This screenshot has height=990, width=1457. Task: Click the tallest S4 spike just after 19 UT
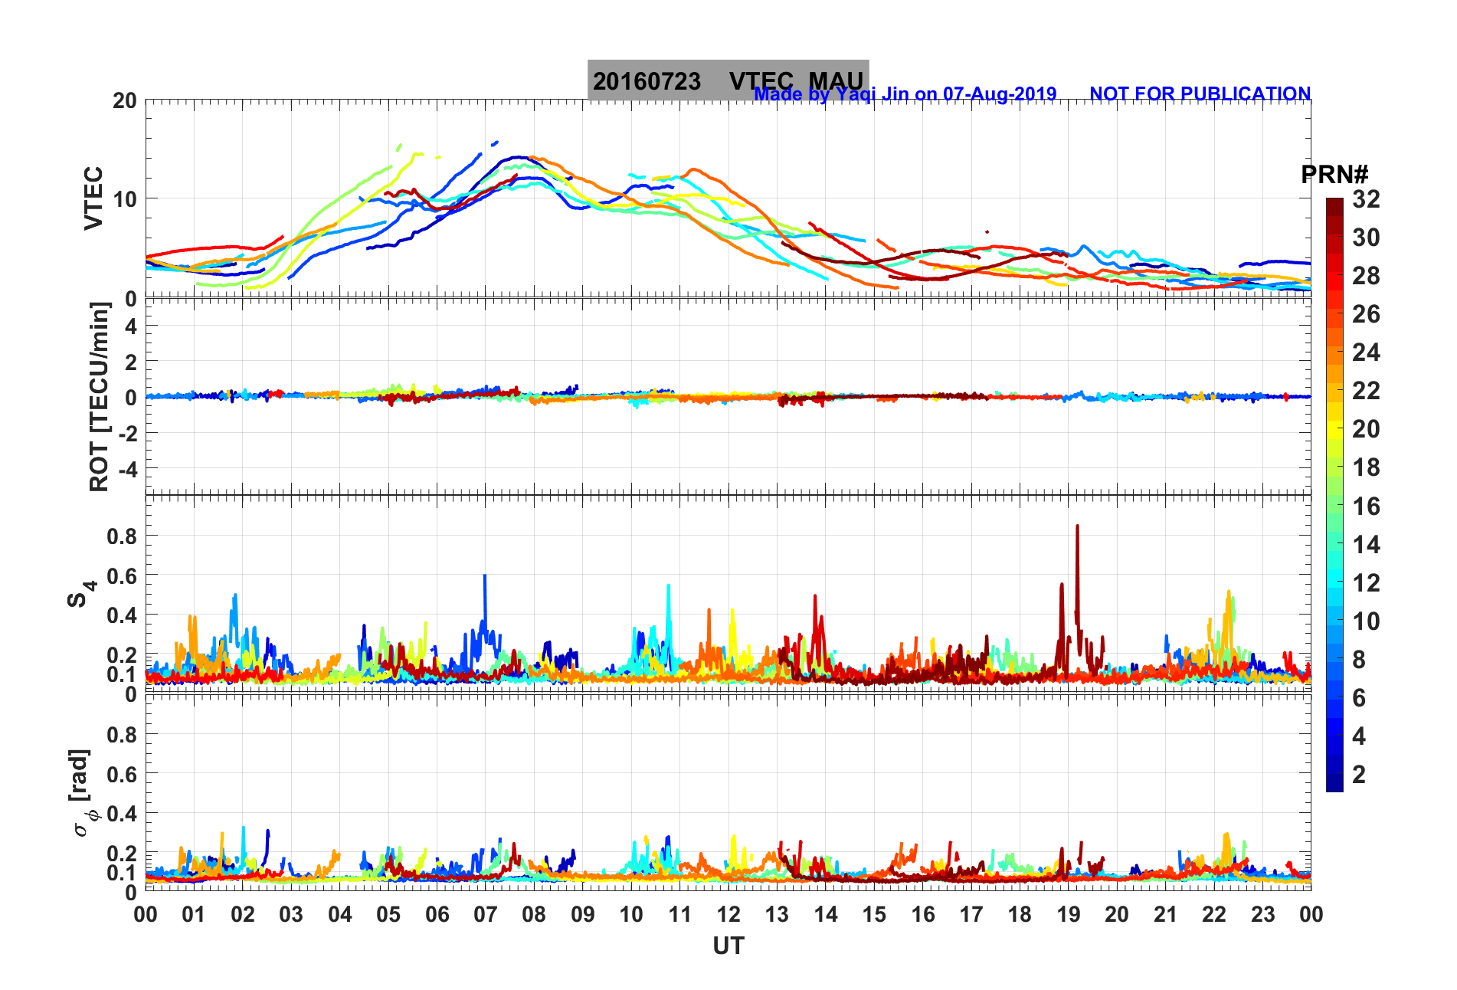[x=1077, y=527]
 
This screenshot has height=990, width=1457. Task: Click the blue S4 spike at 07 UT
[x=484, y=576]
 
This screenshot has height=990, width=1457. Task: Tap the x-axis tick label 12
[x=728, y=914]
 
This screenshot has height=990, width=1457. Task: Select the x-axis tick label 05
[x=388, y=914]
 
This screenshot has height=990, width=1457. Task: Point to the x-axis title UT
[x=728, y=946]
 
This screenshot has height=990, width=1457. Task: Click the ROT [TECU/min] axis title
[x=100, y=396]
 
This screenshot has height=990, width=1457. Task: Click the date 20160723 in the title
[x=647, y=81]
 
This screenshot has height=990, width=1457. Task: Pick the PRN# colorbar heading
[x=1334, y=175]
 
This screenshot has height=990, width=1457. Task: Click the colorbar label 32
[x=1366, y=199]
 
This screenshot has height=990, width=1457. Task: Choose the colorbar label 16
[x=1366, y=506]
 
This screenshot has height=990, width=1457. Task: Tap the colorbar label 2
[x=1359, y=774]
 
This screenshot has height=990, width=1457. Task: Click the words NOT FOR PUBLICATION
[x=1200, y=93]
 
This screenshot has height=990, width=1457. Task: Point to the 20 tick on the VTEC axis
[x=125, y=100]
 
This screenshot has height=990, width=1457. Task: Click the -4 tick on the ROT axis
[x=125, y=468]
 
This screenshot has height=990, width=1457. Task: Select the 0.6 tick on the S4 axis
[x=122, y=575]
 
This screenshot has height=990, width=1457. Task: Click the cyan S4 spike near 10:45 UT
[x=669, y=586]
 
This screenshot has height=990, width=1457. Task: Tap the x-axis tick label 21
[x=1165, y=914]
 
